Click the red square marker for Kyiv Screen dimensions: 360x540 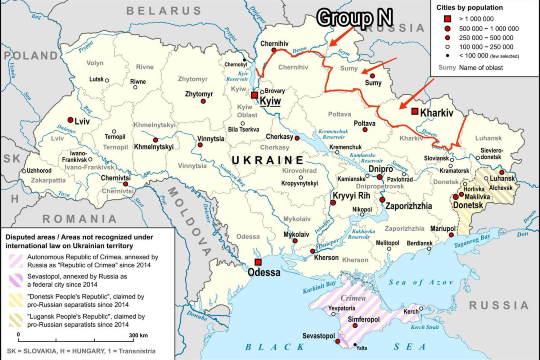[x=254, y=95]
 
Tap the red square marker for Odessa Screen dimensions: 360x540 [x=258, y=262]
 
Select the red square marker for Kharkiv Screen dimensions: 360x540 [x=415, y=111]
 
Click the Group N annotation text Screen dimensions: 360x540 [x=354, y=18]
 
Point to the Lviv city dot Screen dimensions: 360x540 [x=71, y=120]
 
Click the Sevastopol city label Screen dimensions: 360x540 [x=318, y=336]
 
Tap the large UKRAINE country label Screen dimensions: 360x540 [x=268, y=160]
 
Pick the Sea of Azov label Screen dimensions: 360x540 [x=421, y=282]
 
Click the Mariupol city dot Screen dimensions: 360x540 [x=451, y=234]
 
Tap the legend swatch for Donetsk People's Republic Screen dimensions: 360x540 [x=16, y=300]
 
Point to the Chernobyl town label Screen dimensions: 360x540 [x=235, y=64]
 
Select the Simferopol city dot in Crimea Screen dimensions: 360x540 [x=355, y=326]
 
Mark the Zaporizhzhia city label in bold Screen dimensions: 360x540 [x=408, y=206]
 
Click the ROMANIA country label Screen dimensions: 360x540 [x=80, y=219]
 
